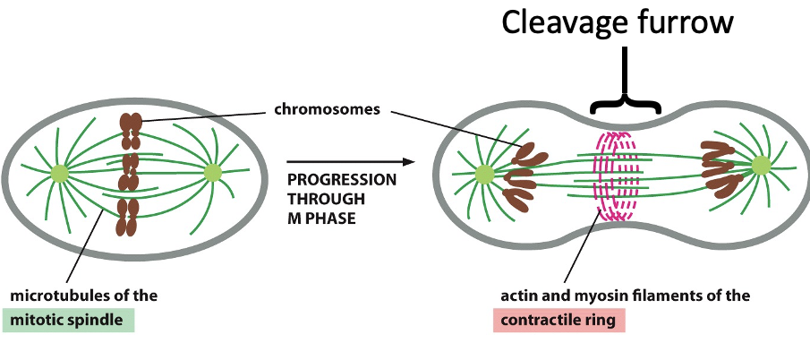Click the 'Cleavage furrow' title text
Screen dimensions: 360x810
pos(617,23)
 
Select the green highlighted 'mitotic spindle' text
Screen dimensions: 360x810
pos(69,320)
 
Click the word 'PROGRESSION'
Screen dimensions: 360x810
pos(342,180)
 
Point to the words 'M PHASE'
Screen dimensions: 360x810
pos(322,218)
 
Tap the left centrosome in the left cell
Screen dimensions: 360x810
pos(60,173)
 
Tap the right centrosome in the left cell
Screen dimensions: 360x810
pos(212,172)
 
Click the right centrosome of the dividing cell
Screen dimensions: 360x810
pos(761,166)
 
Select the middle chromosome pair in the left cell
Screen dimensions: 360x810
pos(132,172)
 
